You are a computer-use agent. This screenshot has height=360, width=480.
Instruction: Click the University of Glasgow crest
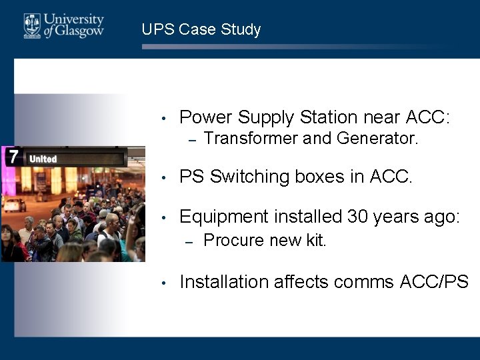coord(32,26)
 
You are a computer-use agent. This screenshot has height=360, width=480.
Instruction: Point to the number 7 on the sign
coord(13,158)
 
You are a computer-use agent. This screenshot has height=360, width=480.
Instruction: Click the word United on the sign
coord(43,159)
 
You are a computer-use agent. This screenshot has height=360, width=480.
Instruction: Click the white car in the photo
coord(15,204)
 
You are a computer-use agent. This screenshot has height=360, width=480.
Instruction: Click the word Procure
coord(229,240)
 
